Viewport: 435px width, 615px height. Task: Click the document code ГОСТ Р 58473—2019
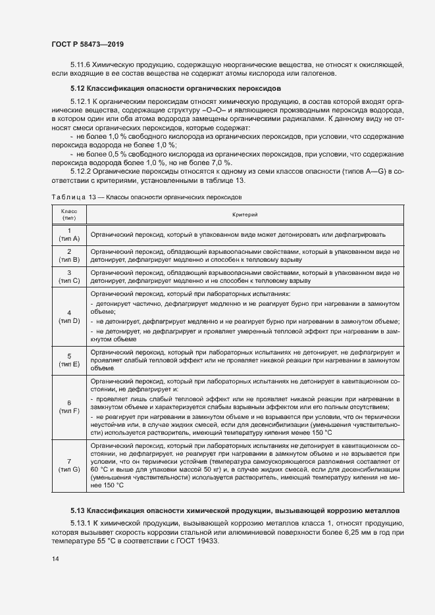(88, 44)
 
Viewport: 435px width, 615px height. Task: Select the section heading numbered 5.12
(176, 87)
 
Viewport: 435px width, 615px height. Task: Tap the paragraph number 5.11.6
(82, 64)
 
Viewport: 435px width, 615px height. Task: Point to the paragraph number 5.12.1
(82, 103)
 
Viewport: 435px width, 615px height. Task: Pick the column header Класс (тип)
(69, 214)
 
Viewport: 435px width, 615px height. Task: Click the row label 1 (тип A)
(69, 234)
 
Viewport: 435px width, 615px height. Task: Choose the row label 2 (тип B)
(69, 256)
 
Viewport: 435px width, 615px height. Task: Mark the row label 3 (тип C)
(69, 276)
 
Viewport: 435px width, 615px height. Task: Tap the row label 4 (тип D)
(69, 316)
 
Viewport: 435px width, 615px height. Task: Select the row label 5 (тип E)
(69, 360)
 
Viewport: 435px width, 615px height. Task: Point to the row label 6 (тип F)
(69, 407)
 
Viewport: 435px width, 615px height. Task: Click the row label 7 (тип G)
(69, 465)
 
